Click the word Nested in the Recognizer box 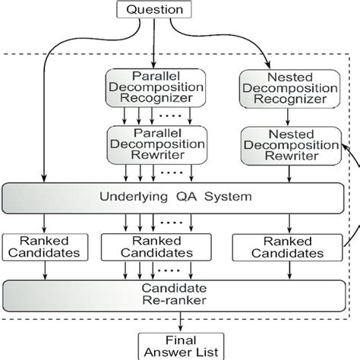click(268, 77)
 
